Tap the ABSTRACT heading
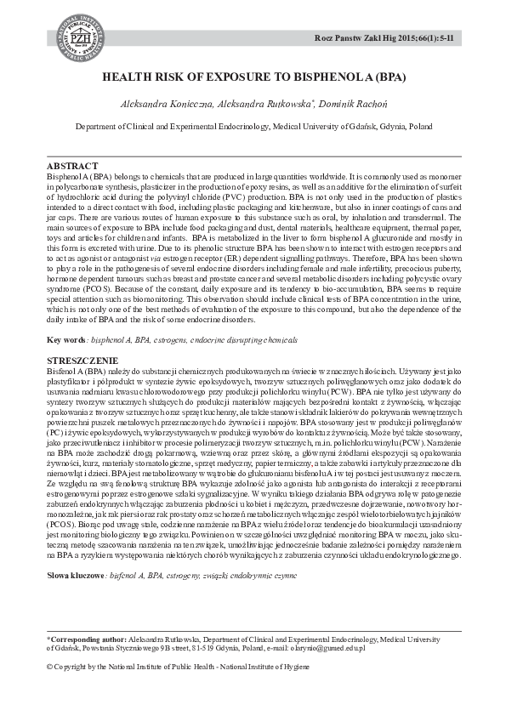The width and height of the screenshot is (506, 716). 71,164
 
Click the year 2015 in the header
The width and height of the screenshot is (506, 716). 402,39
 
